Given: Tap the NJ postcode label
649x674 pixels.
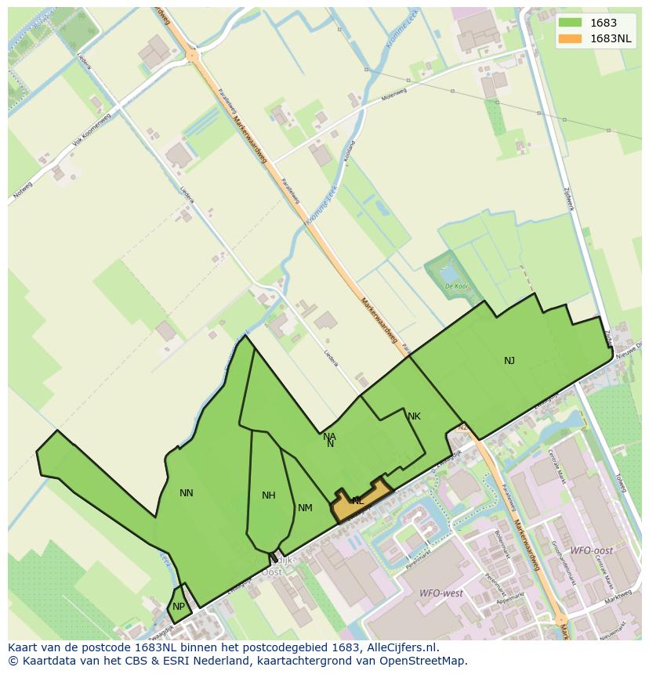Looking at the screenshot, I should pyautogui.click(x=509, y=361).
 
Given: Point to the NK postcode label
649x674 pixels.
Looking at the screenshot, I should pyautogui.click(x=414, y=416).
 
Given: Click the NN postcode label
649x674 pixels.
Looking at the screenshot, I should pyautogui.click(x=186, y=493).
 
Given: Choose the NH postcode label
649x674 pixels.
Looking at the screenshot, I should pyautogui.click(x=269, y=496).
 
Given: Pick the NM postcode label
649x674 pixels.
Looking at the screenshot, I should pyautogui.click(x=305, y=508).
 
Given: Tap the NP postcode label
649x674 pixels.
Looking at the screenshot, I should pyautogui.click(x=179, y=607).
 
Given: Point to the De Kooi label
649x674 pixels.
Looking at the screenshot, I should pyautogui.click(x=456, y=287).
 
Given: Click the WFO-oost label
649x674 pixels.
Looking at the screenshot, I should pyautogui.click(x=592, y=551).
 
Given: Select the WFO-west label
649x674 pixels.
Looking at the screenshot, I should pyautogui.click(x=441, y=593).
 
